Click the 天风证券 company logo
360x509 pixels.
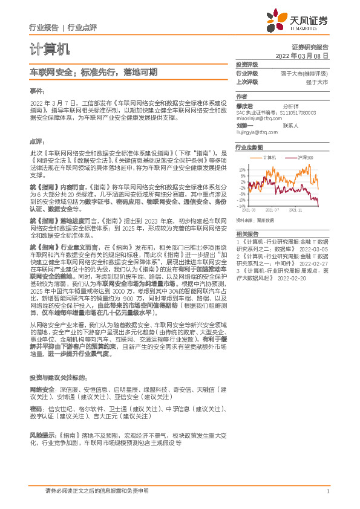point(301,21)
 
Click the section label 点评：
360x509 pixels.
point(38,140)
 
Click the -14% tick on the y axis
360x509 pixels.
point(242,206)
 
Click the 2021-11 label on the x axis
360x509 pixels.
point(296,210)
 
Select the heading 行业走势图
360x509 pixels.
point(249,147)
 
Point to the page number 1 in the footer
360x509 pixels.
point(327,491)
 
